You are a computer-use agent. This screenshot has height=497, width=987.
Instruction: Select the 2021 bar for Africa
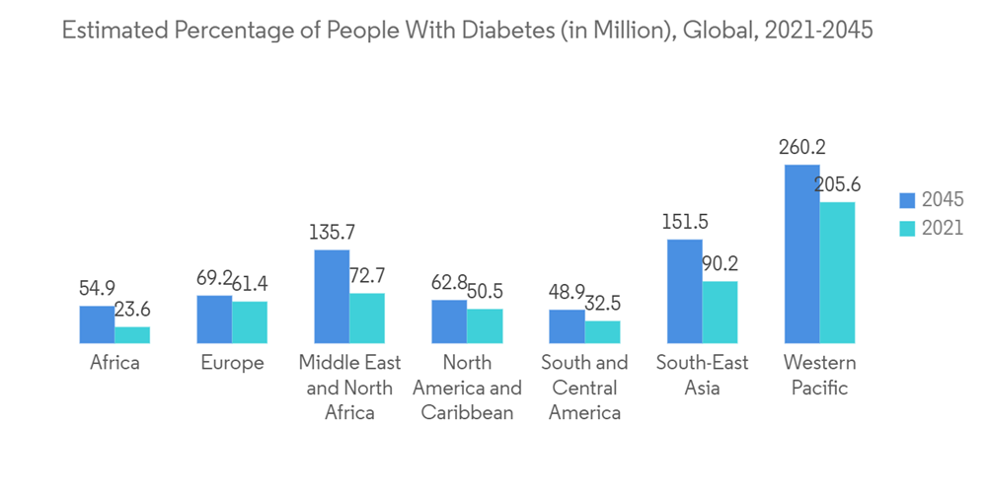point(132,334)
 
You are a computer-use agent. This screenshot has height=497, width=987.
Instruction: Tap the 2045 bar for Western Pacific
point(801,253)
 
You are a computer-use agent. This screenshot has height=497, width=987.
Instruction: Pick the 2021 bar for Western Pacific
point(837,272)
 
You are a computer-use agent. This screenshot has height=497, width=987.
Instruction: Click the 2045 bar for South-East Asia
point(684,291)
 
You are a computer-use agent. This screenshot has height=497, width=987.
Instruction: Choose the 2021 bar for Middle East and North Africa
point(367,318)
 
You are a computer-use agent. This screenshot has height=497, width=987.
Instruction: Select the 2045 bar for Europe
point(214,319)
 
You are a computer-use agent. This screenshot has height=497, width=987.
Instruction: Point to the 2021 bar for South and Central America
point(602,331)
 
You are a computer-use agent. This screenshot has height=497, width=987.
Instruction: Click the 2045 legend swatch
point(908,200)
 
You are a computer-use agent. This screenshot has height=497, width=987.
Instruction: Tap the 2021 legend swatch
point(908,228)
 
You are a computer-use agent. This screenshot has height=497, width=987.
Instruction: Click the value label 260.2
point(801,148)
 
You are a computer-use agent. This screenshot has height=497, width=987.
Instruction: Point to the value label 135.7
point(332,234)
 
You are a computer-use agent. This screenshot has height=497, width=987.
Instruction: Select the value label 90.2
point(718,264)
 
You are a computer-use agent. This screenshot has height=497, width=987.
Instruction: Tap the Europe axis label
point(232,363)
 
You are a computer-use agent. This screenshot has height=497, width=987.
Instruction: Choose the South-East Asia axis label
point(702,375)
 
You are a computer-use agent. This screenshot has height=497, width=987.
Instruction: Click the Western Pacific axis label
point(819,375)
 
